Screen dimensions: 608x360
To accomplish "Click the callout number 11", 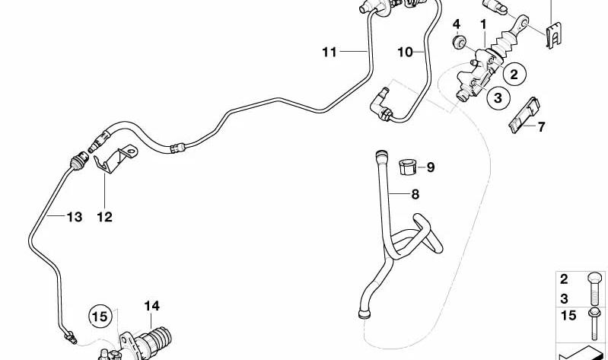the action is (x=329, y=52).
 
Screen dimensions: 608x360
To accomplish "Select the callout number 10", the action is (x=405, y=52).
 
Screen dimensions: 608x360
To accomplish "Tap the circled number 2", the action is (x=514, y=74).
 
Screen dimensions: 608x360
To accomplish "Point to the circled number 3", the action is (x=498, y=97).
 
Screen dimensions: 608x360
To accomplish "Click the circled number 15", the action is (x=100, y=316).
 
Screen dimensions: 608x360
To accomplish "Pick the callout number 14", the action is (x=151, y=306).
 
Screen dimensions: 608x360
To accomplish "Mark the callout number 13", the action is (x=74, y=217).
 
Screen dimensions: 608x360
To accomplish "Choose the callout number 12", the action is (x=104, y=217).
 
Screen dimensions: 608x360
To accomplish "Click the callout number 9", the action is (x=431, y=167).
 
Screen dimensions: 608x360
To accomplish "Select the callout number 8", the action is (x=415, y=194).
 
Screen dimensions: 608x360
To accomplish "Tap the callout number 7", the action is (x=541, y=126).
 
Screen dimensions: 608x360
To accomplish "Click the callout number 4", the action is (x=457, y=24).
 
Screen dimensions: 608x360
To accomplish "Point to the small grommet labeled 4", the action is (x=460, y=42).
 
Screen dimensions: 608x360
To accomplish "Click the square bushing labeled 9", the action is (x=407, y=167).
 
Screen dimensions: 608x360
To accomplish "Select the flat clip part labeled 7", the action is (x=524, y=115).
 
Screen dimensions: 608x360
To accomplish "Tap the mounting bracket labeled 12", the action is (x=115, y=158).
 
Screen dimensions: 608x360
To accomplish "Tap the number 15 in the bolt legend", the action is (x=568, y=315).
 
